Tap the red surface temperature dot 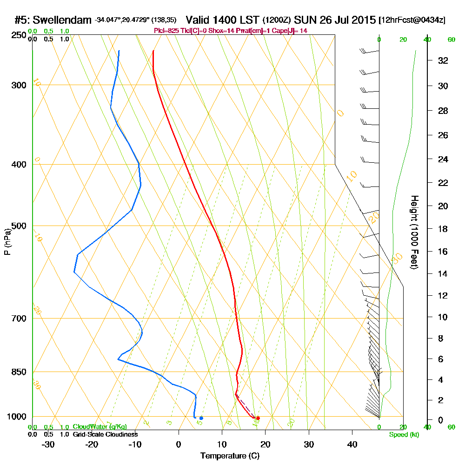click(x=258, y=418)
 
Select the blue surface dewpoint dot click(x=201, y=418)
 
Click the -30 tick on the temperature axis click(x=48, y=445)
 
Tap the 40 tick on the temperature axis click(x=352, y=445)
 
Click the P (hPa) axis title click(x=7, y=241)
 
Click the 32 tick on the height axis click(x=444, y=60)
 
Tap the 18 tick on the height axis click(x=444, y=229)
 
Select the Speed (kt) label click(x=404, y=434)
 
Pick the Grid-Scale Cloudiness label click(x=105, y=434)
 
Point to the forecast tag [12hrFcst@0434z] click(x=412, y=20)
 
